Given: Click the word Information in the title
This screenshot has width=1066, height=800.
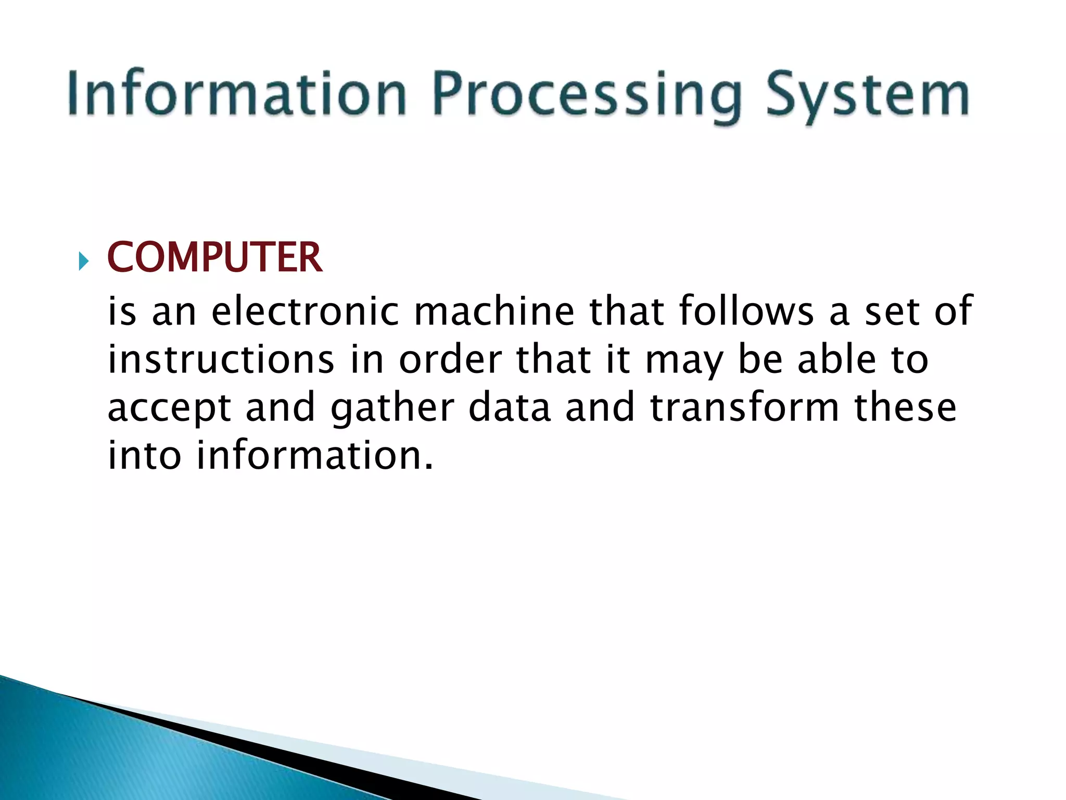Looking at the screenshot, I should [237, 94].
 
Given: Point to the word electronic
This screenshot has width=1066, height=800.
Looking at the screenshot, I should [305, 311].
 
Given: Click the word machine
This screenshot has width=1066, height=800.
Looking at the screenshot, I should [494, 311].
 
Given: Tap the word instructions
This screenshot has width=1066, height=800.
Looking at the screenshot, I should [221, 359].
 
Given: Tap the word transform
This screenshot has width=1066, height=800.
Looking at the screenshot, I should [744, 407].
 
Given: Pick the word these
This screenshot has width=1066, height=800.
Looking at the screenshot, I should [905, 407].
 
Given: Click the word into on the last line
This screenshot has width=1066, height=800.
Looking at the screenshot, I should [144, 455].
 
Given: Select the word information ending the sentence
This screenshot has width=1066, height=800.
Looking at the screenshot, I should [314, 455].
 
